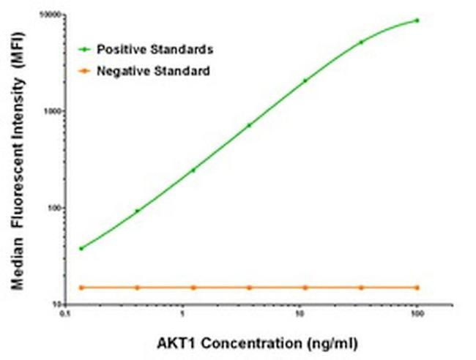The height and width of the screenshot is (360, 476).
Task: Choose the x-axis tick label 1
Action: pyautogui.click(x=182, y=312)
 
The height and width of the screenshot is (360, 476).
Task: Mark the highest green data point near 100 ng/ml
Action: pyautogui.click(x=417, y=20)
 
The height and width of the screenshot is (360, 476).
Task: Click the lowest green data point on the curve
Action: pyautogui.click(x=81, y=249)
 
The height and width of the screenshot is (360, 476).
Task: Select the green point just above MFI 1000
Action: pyautogui.click(x=305, y=80)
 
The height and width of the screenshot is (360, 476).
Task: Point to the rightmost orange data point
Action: pyautogui.click(x=417, y=288)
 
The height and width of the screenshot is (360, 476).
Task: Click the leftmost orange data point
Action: pyautogui.click(x=81, y=288)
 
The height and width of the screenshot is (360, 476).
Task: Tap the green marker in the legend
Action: pyautogui.click(x=86, y=50)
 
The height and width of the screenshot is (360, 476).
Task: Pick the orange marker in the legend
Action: pyautogui.click(x=86, y=71)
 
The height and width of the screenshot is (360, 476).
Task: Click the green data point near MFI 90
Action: pyautogui.click(x=137, y=211)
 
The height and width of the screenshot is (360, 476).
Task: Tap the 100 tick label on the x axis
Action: pyautogui.click(x=417, y=312)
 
